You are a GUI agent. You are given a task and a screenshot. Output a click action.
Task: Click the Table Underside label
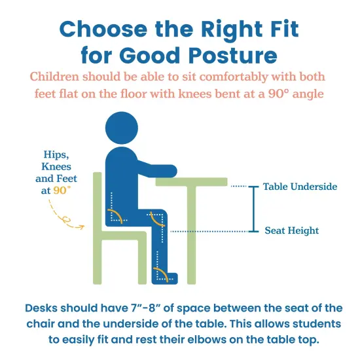pyautogui.click(x=300, y=187)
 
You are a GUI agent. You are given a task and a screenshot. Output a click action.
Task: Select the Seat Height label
pyautogui.click(x=291, y=230)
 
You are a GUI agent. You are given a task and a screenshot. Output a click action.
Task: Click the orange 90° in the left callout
pyautogui.click(x=62, y=190)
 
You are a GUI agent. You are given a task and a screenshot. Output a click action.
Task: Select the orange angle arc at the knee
pyautogui.click(x=158, y=220)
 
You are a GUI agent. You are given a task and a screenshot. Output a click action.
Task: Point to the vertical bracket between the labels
pyautogui.click(x=252, y=209)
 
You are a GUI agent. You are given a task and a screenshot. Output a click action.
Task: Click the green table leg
pyautogui.click(x=194, y=236)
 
